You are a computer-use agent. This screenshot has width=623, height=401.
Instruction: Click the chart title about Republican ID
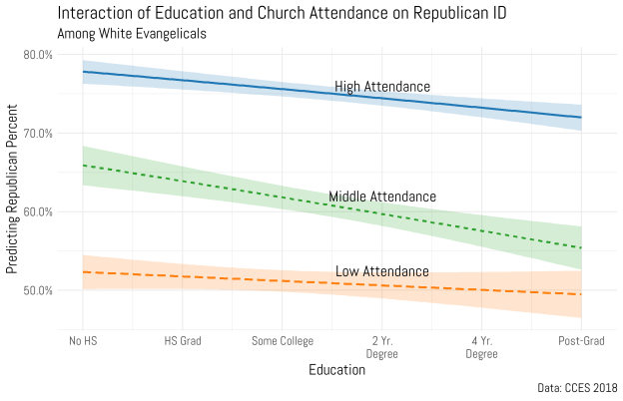pos(265,13)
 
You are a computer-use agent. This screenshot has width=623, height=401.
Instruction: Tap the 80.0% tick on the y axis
pos(38,54)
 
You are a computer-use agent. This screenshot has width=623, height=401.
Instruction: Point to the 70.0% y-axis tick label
pos(38,133)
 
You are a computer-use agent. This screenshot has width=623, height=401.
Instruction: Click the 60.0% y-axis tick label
pos(38,211)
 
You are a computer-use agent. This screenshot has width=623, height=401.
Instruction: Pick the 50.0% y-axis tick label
pos(38,290)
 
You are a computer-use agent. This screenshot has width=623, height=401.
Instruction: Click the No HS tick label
pos(83,341)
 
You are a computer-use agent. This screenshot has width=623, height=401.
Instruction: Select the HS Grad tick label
pos(183,341)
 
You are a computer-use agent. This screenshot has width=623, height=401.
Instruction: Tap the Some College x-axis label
pos(282,341)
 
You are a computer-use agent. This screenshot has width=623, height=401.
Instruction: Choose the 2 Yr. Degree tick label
pos(381,347)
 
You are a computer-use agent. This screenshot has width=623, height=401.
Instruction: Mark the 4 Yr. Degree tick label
pos(481,347)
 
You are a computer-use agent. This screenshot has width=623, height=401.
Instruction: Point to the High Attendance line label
pos(382,87)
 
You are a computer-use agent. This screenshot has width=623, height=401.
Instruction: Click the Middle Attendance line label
pos(382,197)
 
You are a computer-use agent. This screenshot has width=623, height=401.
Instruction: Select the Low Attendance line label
pos(381,271)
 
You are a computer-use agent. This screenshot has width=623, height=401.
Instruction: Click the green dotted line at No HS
pos(83,165)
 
